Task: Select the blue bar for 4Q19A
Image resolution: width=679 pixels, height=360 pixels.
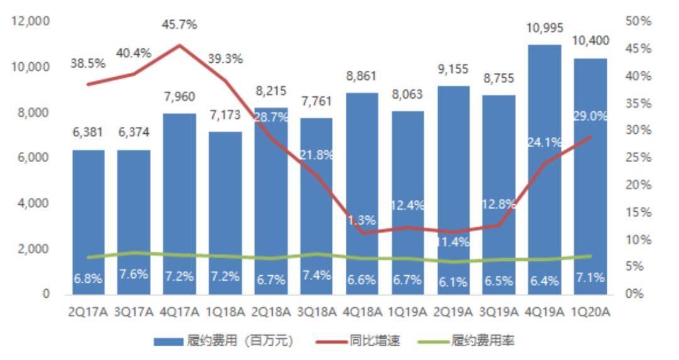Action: pyautogui.click(x=544, y=170)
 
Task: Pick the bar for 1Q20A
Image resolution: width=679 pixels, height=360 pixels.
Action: pyautogui.click(x=590, y=177)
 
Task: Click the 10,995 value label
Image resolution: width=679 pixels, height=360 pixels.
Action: pyautogui.click(x=544, y=28)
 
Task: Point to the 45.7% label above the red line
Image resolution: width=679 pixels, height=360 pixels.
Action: pyautogui.click(x=179, y=25)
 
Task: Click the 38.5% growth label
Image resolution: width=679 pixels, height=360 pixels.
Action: pyautogui.click(x=89, y=64)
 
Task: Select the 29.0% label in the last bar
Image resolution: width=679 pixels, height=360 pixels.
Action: pyautogui.click(x=590, y=117)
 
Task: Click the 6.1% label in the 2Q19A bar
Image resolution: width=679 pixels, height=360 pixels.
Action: pyautogui.click(x=453, y=282)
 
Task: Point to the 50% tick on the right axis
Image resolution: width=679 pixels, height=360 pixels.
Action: pyautogui.click(x=639, y=21)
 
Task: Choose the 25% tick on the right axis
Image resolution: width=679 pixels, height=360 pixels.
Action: pyautogui.click(x=639, y=158)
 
